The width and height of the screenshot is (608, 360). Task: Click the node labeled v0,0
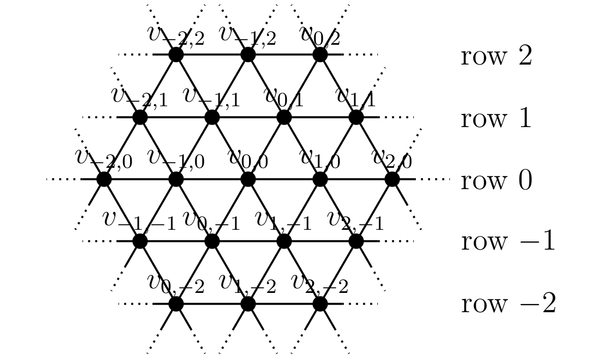coord(248,179)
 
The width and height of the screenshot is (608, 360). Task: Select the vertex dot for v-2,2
coord(176,54)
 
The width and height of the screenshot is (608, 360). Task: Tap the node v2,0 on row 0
coord(391,179)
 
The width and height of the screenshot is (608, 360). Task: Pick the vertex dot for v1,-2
coord(248,304)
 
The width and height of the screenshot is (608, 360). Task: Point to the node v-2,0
coord(104,179)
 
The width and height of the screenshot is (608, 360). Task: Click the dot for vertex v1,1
coord(356,117)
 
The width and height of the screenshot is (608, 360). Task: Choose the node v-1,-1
coord(140,241)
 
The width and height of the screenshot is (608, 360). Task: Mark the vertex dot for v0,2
coord(320,54)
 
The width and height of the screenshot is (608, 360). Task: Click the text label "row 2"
coord(496,57)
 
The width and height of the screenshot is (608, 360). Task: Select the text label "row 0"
coord(496,182)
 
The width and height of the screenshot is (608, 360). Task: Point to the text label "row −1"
coord(508,243)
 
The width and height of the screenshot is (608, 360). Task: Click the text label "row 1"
coord(496,119)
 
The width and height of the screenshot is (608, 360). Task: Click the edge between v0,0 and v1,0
coord(284,179)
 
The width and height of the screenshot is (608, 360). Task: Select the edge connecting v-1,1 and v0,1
coord(248,117)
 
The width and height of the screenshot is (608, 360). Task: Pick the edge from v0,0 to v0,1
coord(266,148)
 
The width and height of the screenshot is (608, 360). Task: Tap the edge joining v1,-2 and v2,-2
coord(284,304)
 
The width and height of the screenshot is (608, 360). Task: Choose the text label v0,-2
coord(176,284)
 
